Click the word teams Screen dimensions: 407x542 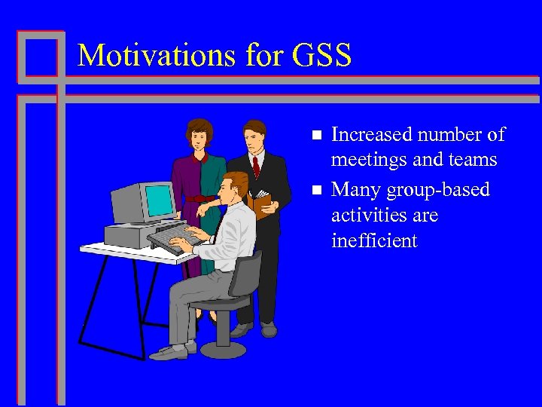coord(473,160)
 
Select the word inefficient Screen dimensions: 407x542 coord(373,241)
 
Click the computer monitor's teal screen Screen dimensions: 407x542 coord(160,199)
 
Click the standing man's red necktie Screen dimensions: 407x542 coord(257,166)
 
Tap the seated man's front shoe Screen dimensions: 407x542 coord(166,352)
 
